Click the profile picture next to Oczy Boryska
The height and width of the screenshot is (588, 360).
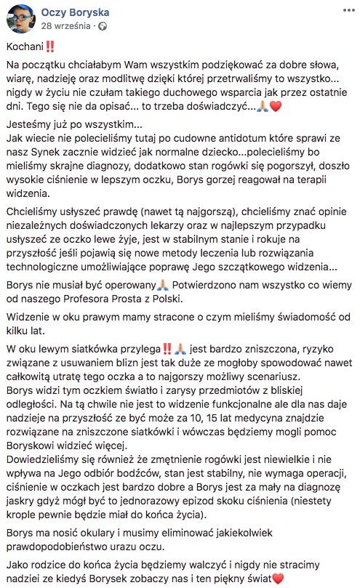tap(20, 18)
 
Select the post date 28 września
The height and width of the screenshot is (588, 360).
tap(66, 25)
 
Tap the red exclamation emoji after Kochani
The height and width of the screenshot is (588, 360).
tap(49, 47)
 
